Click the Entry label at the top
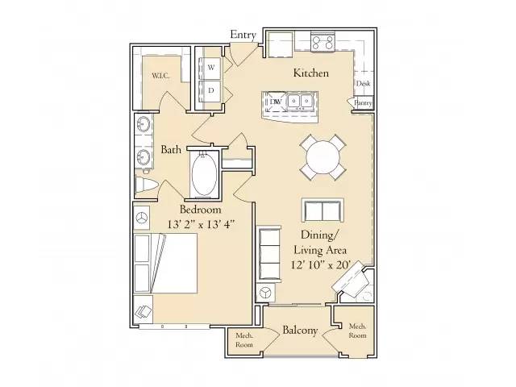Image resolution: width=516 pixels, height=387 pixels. (243, 34)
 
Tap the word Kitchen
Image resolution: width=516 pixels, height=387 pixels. (310, 73)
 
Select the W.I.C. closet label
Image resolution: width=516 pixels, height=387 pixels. (159, 77)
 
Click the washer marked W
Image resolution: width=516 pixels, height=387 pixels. (211, 69)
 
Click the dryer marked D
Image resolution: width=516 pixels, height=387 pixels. (211, 90)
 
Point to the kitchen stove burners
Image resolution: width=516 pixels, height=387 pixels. (324, 43)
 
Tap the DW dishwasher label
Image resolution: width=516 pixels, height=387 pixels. (275, 102)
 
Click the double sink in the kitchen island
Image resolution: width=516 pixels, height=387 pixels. (302, 102)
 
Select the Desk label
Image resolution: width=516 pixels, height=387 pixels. (363, 83)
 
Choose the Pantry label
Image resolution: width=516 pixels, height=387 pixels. (362, 102)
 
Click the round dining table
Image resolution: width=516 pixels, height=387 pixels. (323, 156)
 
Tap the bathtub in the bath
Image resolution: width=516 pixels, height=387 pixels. (204, 175)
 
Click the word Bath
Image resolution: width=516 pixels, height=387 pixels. (170, 149)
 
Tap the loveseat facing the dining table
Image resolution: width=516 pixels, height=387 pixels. (323, 210)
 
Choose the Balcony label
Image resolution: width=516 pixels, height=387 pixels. (300, 331)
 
